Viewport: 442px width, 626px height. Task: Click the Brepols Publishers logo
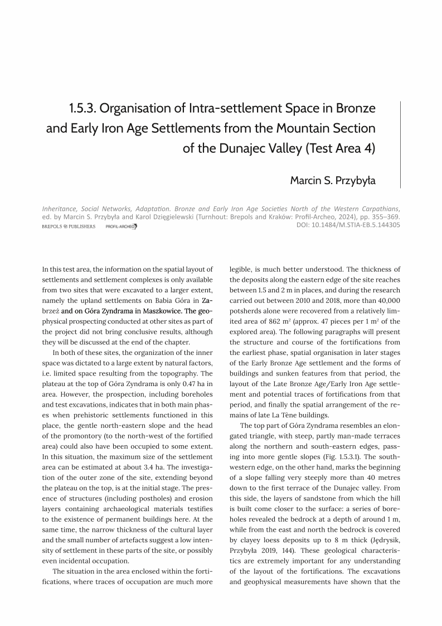point(69,227)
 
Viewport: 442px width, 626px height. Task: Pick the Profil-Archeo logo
point(121,227)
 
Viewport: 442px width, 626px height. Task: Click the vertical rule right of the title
point(400,145)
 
